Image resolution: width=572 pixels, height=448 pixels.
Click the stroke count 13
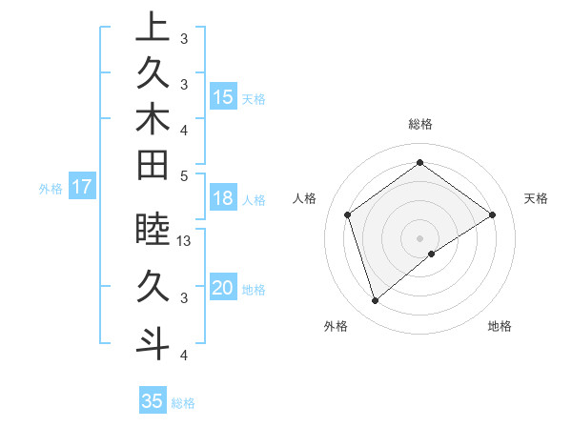pyautogui.click(x=185, y=242)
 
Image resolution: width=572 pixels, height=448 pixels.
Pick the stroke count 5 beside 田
pyautogui.click(x=184, y=175)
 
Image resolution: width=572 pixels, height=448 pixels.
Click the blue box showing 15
pyautogui.click(x=223, y=97)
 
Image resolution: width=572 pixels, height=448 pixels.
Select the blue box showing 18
pyautogui.click(x=223, y=198)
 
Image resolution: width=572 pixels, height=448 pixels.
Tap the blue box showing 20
pyautogui.click(x=223, y=288)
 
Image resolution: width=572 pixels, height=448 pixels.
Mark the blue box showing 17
pyautogui.click(x=82, y=188)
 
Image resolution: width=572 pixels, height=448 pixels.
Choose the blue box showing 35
pyautogui.click(x=153, y=401)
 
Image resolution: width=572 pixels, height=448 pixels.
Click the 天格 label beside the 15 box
pyautogui.click(x=254, y=99)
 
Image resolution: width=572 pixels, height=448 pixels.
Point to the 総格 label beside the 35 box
pyautogui.click(x=183, y=403)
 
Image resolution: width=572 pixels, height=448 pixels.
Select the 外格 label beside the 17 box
pyautogui.click(x=51, y=189)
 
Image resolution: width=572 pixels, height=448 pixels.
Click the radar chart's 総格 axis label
pyautogui.click(x=419, y=124)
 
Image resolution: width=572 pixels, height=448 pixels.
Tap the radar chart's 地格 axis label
pyautogui.click(x=500, y=326)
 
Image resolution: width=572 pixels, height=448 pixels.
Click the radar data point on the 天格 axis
pyautogui.click(x=492, y=214)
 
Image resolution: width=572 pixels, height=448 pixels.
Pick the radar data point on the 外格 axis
pyautogui.click(x=375, y=301)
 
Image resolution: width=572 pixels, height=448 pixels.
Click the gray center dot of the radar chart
pyautogui.click(x=419, y=237)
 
